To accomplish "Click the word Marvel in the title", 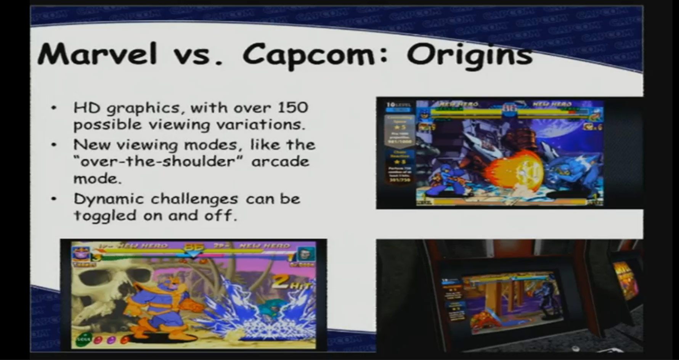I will point(97,54).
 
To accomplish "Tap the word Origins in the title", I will point(469,56).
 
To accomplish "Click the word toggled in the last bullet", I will point(105,216).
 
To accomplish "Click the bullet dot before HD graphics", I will point(55,108).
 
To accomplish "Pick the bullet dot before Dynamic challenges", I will point(55,199).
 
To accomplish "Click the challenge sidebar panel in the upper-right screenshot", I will point(399,145).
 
